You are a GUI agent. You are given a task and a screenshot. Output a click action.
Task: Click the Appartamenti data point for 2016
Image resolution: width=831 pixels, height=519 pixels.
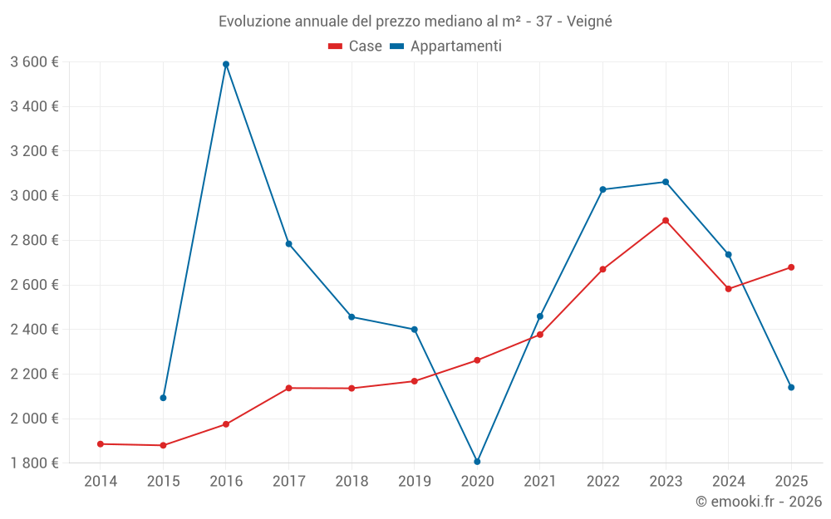[226, 64]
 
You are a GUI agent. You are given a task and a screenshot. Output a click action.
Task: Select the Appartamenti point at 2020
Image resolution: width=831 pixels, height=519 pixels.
[477, 462]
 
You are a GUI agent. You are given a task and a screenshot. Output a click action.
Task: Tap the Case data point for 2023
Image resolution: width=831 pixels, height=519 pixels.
[666, 221]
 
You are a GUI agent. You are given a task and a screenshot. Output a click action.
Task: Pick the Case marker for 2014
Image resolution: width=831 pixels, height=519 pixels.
[101, 444]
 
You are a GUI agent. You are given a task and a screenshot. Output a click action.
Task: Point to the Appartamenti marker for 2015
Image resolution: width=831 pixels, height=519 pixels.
[163, 398]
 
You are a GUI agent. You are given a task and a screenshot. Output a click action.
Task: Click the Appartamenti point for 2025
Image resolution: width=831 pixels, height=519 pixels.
[791, 388]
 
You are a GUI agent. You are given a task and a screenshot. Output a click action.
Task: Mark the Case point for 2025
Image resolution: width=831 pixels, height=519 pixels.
[791, 267]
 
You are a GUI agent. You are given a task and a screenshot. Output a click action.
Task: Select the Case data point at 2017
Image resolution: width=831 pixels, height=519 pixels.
[288, 388]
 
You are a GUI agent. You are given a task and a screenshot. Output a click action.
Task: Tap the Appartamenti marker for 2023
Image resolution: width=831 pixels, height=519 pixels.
[666, 182]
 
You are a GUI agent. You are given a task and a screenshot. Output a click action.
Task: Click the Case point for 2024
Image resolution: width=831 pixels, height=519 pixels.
[728, 289]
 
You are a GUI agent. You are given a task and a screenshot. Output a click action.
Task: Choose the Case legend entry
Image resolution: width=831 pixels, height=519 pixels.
[356, 47]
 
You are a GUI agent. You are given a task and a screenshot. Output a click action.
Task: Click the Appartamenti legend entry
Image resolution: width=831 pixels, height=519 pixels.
[446, 47]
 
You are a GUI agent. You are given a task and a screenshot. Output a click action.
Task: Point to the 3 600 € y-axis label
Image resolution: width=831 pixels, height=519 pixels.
[34, 62]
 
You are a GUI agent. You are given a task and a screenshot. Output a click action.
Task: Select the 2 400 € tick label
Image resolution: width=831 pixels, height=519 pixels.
[34, 330]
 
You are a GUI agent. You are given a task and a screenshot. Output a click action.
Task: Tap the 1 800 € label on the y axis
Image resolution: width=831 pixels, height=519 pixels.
[34, 463]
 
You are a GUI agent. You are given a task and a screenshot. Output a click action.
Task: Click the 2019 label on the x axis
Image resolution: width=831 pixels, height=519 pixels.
[414, 482]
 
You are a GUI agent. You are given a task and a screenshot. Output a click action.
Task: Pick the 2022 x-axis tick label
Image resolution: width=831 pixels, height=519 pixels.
[602, 482]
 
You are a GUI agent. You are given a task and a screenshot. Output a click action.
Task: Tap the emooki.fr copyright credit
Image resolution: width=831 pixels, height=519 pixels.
[759, 502]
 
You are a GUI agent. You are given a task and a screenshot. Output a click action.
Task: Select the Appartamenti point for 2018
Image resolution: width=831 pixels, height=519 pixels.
[352, 317]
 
